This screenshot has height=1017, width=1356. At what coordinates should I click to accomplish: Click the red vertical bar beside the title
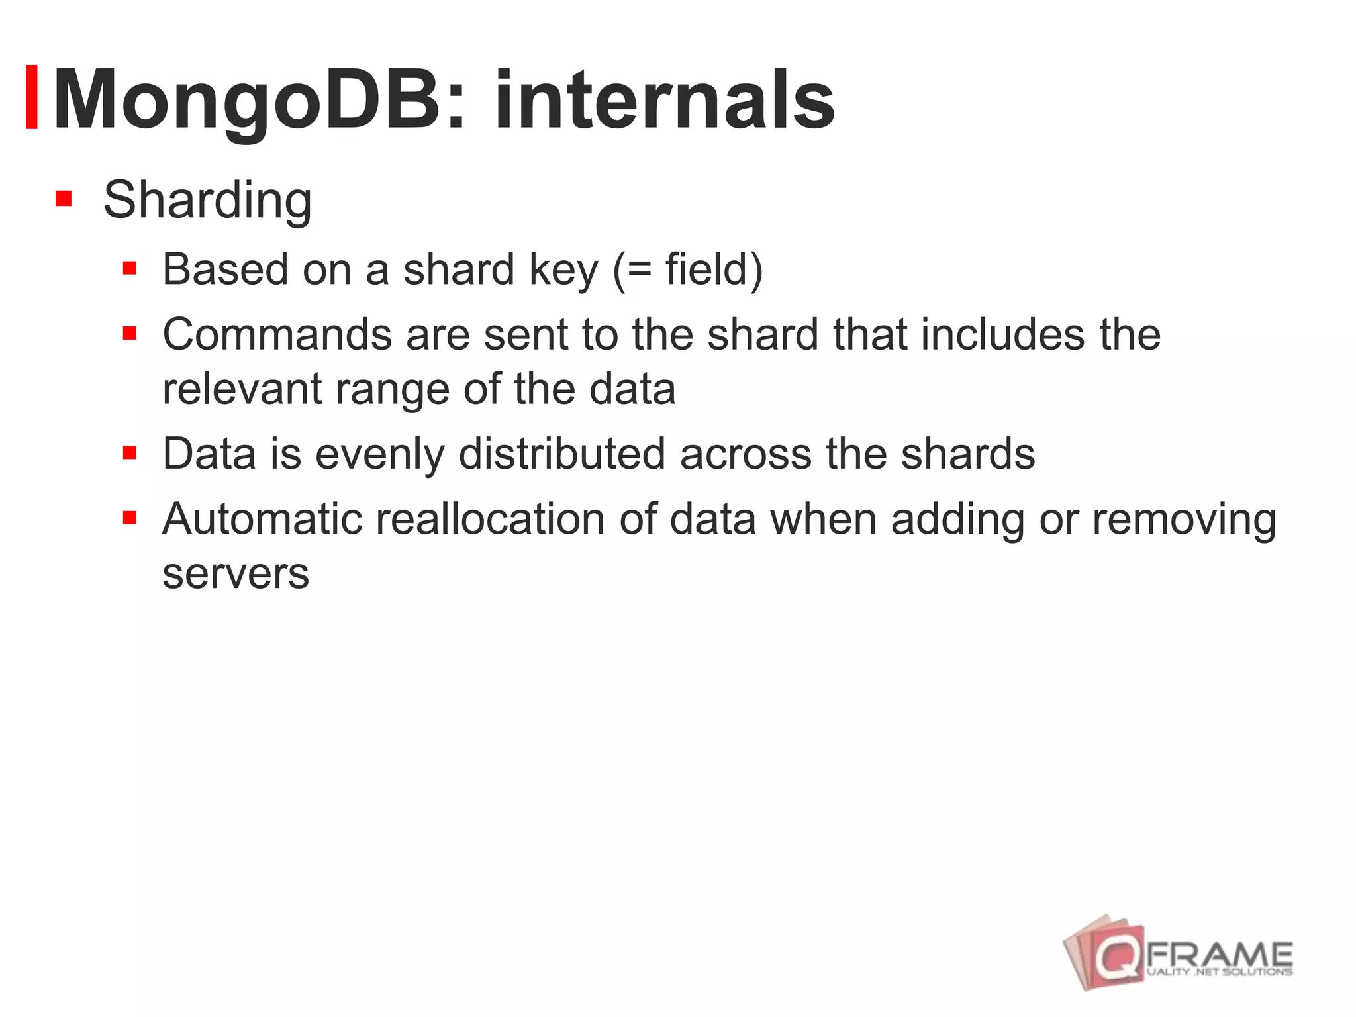(x=31, y=97)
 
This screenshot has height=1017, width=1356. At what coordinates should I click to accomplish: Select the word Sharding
(x=207, y=200)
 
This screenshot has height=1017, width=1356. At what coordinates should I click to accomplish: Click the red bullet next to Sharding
(x=64, y=199)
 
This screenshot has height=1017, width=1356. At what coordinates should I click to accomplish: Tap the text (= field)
(x=688, y=269)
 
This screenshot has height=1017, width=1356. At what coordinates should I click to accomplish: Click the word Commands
(x=277, y=334)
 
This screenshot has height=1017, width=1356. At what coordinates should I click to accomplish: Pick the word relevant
(x=242, y=389)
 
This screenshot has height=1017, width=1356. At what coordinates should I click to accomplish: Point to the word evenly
(x=379, y=455)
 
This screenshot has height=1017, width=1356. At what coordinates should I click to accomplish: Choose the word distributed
(x=562, y=454)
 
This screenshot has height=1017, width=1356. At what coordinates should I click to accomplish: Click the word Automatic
(x=262, y=519)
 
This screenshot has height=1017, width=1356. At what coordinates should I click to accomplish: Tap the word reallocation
(x=490, y=519)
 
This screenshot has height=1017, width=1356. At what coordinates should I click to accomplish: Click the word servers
(x=236, y=574)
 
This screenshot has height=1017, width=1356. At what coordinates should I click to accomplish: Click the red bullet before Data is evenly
(x=130, y=453)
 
